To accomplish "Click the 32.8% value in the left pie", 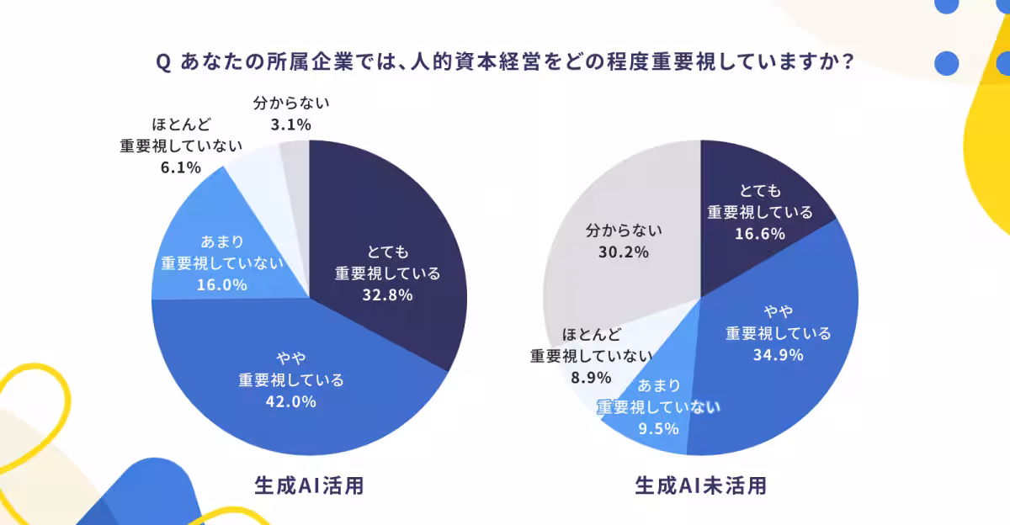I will click(x=387, y=294).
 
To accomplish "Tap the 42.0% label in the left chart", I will click(x=291, y=401).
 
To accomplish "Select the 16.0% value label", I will click(x=222, y=284).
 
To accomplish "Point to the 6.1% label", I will click(x=180, y=167).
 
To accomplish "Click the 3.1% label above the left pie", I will click(x=290, y=125).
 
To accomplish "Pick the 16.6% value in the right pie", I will click(x=759, y=233).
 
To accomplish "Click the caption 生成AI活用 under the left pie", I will click(x=309, y=486).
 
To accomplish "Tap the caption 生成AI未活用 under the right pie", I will click(x=701, y=486).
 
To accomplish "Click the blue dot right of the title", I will click(x=947, y=62).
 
